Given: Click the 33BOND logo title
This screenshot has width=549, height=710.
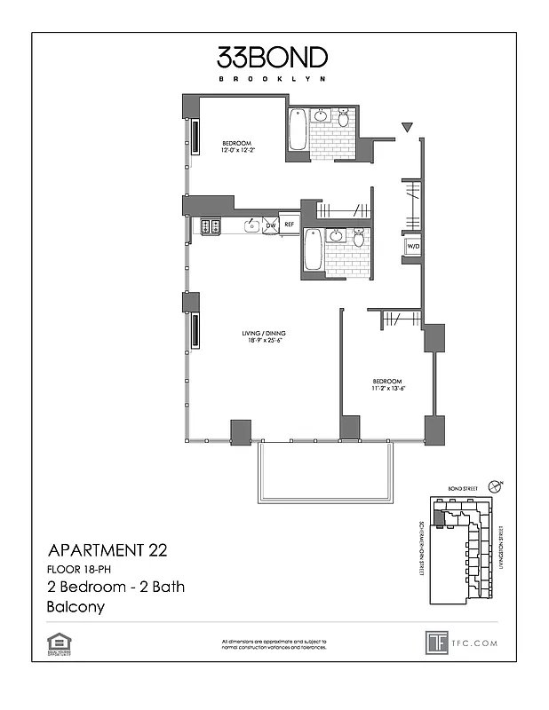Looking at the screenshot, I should pyautogui.click(x=273, y=59).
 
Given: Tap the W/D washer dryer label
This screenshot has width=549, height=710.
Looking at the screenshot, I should pyautogui.click(x=411, y=248).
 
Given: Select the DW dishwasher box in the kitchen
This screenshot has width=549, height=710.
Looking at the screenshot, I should pyautogui.click(x=271, y=225).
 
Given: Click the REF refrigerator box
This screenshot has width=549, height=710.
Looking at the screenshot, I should pyautogui.click(x=289, y=225).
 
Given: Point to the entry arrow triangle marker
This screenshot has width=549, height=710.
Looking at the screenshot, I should pyautogui.click(x=407, y=129).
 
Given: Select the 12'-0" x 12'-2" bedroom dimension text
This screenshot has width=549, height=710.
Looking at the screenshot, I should pyautogui.click(x=237, y=150).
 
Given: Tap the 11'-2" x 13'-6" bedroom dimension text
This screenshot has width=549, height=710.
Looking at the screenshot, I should pyautogui.click(x=387, y=387).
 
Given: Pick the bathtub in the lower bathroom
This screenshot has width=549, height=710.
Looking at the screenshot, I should pyautogui.click(x=313, y=251).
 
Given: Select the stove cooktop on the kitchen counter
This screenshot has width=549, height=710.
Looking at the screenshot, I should pyautogui.click(x=211, y=226).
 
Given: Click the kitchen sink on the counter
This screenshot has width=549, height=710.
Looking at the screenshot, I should pyautogui.click(x=251, y=225).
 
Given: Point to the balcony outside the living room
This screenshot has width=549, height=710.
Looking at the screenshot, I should pyautogui.click(x=324, y=473).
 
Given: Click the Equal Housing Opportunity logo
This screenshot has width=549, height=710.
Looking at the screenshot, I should pyautogui.click(x=60, y=641).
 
